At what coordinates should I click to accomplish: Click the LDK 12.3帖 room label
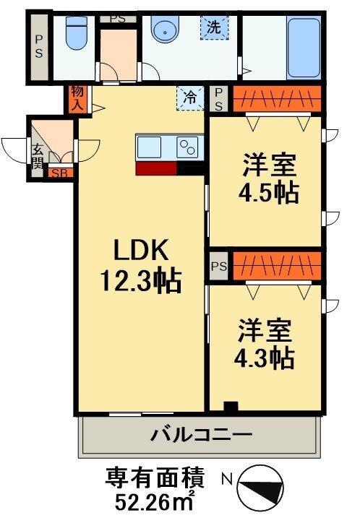click(x=142, y=263)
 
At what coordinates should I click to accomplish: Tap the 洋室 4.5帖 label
click(x=268, y=180)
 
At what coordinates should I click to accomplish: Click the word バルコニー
click(x=201, y=435)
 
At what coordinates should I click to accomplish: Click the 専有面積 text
click(x=155, y=477)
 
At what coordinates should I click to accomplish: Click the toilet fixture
click(x=74, y=33)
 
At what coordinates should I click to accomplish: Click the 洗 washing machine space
click(x=213, y=29)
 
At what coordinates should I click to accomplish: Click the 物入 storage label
click(x=77, y=98)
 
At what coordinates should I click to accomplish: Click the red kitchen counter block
click(x=155, y=168)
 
